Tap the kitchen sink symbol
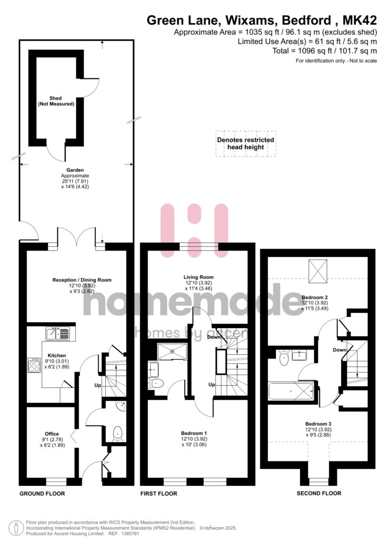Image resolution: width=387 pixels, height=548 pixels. click(x=58, y=334)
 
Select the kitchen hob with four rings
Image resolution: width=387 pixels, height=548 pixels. click(x=34, y=365)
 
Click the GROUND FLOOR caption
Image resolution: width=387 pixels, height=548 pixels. click(x=42, y=494)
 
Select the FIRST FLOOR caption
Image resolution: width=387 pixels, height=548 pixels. click(x=159, y=494)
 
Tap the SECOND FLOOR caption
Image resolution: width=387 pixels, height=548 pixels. click(x=319, y=493)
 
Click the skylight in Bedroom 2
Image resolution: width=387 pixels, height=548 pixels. click(x=318, y=271)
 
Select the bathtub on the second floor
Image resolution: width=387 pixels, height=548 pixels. click(x=291, y=391)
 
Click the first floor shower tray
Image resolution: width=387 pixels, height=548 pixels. click(x=172, y=351)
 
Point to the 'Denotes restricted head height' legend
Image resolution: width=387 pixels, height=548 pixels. click(x=246, y=143)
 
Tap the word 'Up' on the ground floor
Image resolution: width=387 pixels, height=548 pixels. click(x=98, y=385)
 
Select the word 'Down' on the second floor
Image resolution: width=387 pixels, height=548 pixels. click(x=339, y=350)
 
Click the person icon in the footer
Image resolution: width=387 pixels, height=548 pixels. click(x=15, y=528)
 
